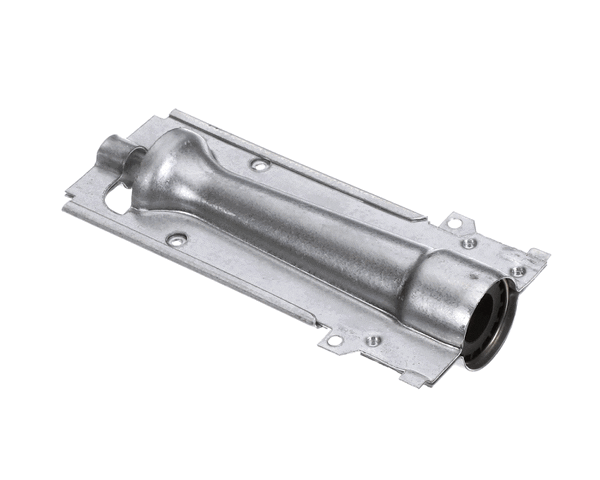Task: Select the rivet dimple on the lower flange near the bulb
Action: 177,240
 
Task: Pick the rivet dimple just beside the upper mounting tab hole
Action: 469,242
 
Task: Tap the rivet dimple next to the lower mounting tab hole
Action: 372,340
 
